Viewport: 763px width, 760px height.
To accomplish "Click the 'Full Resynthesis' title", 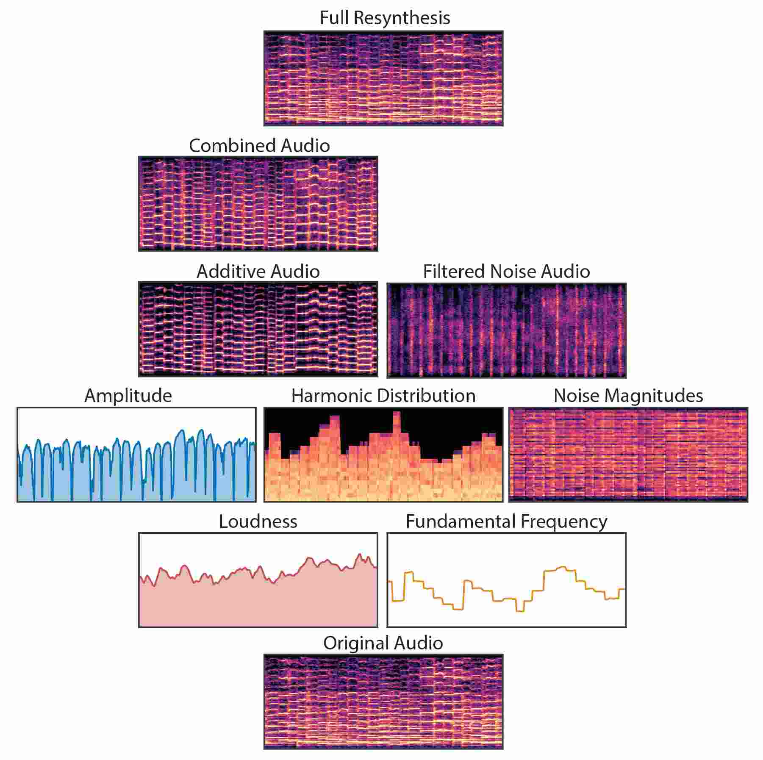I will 384,18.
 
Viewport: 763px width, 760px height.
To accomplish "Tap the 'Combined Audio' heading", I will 259,146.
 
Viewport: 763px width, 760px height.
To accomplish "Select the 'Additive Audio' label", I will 258,272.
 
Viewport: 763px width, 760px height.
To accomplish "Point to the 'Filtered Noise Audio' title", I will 506,272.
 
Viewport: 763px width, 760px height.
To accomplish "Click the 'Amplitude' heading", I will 128,396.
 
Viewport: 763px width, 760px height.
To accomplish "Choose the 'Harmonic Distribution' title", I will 383,396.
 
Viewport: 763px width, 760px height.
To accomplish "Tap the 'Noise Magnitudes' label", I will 628,396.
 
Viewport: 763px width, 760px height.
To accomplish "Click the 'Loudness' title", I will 258,521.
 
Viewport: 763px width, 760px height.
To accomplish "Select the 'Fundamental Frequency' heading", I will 506,521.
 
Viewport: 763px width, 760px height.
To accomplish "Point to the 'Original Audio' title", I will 383,643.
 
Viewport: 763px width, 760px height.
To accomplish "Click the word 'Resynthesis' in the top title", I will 402,18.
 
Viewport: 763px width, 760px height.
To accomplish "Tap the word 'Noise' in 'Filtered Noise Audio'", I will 515,272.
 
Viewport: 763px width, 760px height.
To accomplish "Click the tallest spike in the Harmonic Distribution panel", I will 397,414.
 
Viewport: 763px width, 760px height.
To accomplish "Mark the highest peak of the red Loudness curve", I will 360,555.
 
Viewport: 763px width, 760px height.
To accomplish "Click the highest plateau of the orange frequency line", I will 562,567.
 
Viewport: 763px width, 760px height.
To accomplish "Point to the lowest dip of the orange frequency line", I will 520,610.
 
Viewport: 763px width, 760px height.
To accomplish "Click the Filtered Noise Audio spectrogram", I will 506,330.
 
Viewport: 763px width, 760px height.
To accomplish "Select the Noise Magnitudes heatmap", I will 628,455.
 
